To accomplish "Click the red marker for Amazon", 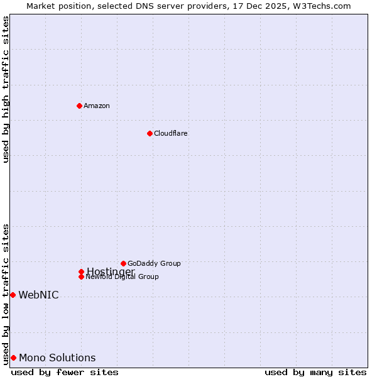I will coord(79,106).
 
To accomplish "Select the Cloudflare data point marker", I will coord(150,133).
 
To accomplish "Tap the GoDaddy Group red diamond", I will coord(123,263).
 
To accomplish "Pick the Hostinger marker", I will coord(81,271).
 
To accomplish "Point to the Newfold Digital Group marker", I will coord(81,276).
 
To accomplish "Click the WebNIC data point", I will coord(13,295).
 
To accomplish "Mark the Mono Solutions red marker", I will coord(13,358).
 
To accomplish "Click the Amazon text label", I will coord(97,106).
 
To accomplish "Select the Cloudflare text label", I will coord(171,133).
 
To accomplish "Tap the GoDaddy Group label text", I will coord(154,263).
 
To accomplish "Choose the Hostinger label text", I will coord(111,271).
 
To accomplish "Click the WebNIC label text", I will coord(38,295).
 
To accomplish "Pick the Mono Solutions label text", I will coord(57,358).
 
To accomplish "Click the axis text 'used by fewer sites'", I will coord(65,372).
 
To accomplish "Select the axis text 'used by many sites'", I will coord(315,372).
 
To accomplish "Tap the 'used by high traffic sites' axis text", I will coord(6,89).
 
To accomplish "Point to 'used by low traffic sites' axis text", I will coord(6,293).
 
